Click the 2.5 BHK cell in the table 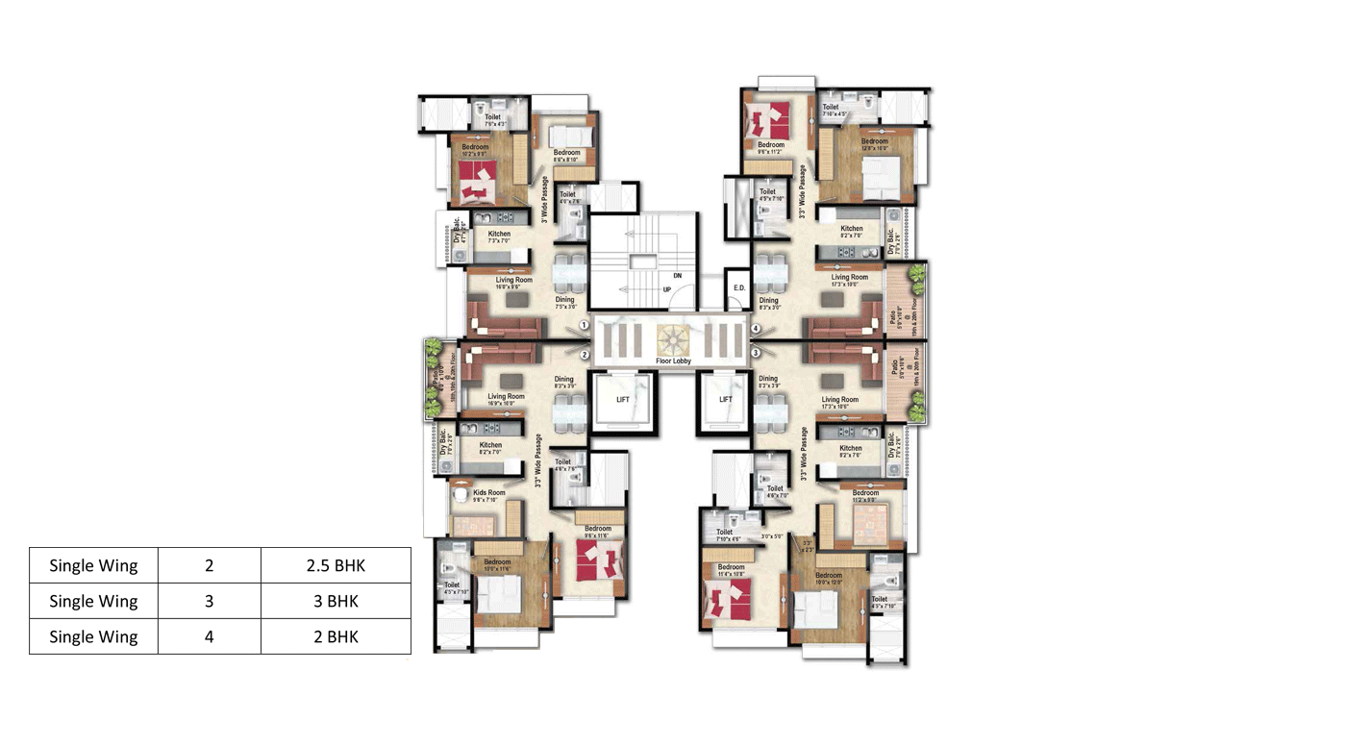[x=336, y=565]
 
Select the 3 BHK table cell [x=336, y=601]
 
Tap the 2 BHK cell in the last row [x=336, y=636]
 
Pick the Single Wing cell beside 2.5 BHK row [x=93, y=565]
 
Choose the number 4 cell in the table [x=209, y=636]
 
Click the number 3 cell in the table [x=209, y=601]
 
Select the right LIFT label [x=726, y=399]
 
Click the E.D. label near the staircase [x=739, y=287]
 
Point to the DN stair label [x=677, y=275]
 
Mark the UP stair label [x=666, y=289]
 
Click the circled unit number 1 [x=585, y=326]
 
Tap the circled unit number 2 [x=585, y=355]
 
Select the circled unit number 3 [x=756, y=353]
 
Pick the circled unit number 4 [x=756, y=329]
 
